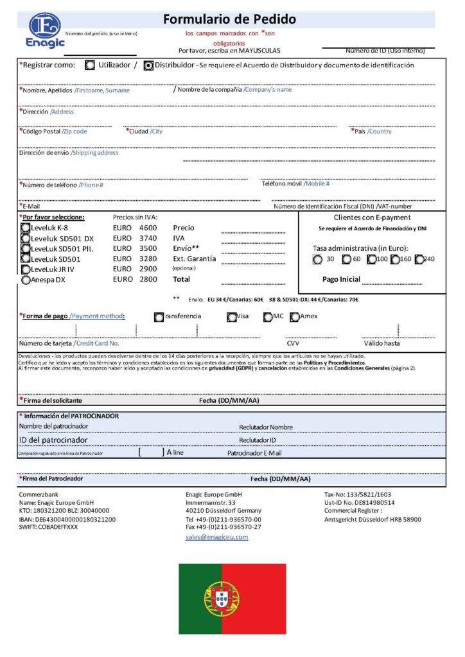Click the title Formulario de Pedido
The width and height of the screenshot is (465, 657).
229,19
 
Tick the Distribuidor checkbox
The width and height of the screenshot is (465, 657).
148,65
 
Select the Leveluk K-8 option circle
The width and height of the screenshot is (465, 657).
25,228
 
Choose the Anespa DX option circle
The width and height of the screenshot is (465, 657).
25,280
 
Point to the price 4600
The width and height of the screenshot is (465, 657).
148,228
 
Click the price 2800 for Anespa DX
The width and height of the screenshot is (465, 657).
148,280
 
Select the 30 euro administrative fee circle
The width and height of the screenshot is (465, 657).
317,260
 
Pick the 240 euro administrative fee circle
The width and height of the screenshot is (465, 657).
419,260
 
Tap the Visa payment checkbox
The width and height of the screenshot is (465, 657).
232,316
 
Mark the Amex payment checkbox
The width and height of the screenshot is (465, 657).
295,316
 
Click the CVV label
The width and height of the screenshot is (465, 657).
293,343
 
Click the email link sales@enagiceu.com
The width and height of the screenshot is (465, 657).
216,537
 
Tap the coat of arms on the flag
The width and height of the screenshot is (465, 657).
222,599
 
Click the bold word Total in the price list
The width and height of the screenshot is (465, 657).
182,280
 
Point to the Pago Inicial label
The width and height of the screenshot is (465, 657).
341,280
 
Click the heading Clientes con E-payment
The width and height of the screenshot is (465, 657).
373,218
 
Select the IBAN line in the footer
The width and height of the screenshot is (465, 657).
67,519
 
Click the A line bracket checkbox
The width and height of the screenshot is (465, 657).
152,452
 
